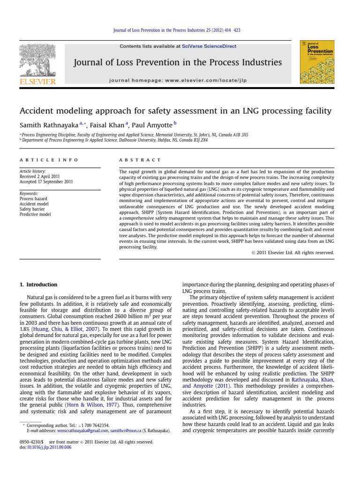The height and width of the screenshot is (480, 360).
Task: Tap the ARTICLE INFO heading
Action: pyautogui.click(x=49, y=160)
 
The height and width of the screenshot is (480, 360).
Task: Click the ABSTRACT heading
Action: pyautogui.click(x=140, y=160)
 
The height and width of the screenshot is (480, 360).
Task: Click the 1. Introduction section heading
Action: pyautogui.click(x=38, y=285)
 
